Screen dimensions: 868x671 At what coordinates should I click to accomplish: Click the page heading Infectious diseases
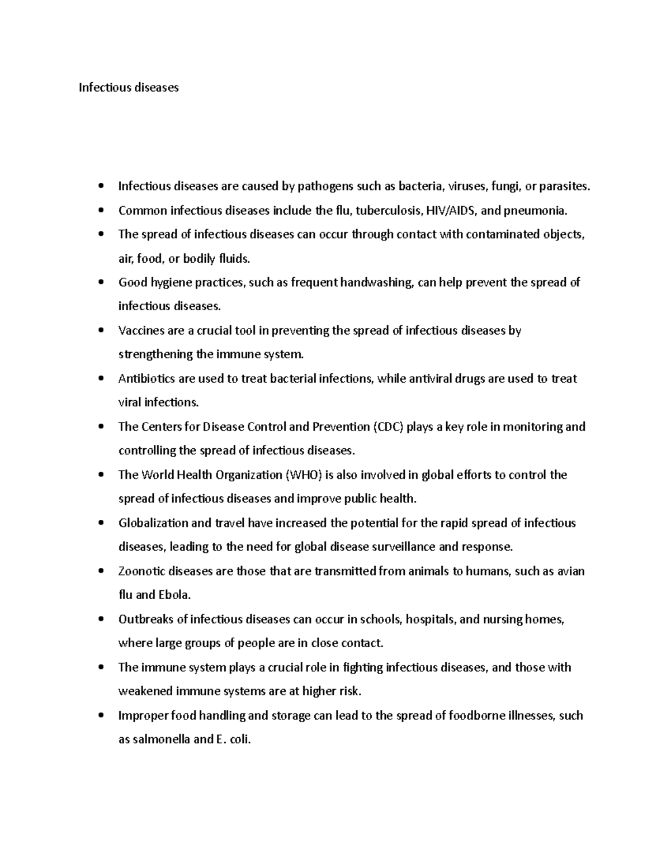(129, 87)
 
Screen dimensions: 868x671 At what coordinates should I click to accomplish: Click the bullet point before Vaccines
(101, 330)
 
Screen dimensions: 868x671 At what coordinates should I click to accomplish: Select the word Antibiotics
(147, 378)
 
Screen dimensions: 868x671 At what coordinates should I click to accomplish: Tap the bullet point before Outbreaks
(101, 619)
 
